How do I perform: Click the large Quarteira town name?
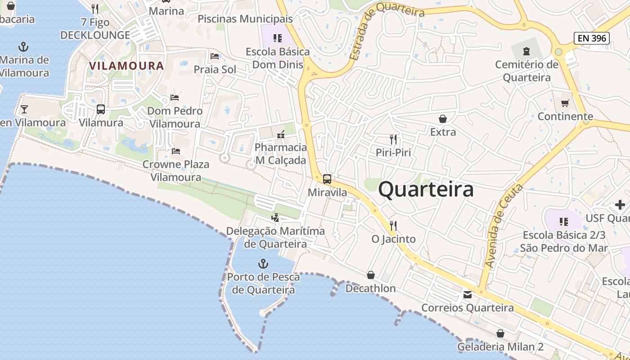[426, 189]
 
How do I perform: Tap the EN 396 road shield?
[592, 38]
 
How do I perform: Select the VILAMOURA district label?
[126, 66]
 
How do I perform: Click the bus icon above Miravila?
[327, 179]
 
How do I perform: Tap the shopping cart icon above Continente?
[565, 103]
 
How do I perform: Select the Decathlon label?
[370, 288]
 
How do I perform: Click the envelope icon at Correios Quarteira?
[468, 295]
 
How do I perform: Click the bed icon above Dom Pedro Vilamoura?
[175, 97]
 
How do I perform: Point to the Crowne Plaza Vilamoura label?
[176, 171]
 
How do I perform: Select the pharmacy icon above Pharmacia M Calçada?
[281, 134]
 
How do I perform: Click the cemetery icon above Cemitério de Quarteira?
[526, 51]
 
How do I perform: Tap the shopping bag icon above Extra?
[443, 118]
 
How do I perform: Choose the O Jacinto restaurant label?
[393, 239]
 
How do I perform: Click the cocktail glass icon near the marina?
[24, 109]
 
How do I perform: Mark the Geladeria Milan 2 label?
[500, 347]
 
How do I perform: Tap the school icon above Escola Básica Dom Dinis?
[278, 38]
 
